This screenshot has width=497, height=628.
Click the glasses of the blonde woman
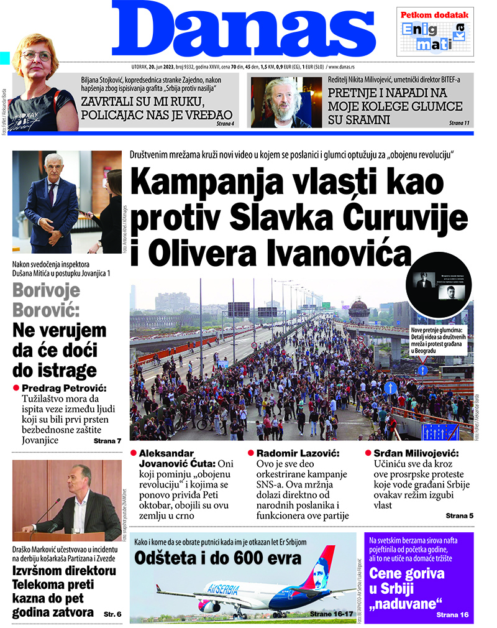[36, 55]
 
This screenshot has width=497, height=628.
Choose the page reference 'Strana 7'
[107, 441]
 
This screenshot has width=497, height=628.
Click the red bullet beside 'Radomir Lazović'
[251, 453]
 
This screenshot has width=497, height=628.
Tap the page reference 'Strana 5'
[459, 516]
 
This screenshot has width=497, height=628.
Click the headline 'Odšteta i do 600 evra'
[218, 557]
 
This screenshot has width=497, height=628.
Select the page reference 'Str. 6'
[112, 613]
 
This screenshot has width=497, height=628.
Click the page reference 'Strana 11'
[458, 124]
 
